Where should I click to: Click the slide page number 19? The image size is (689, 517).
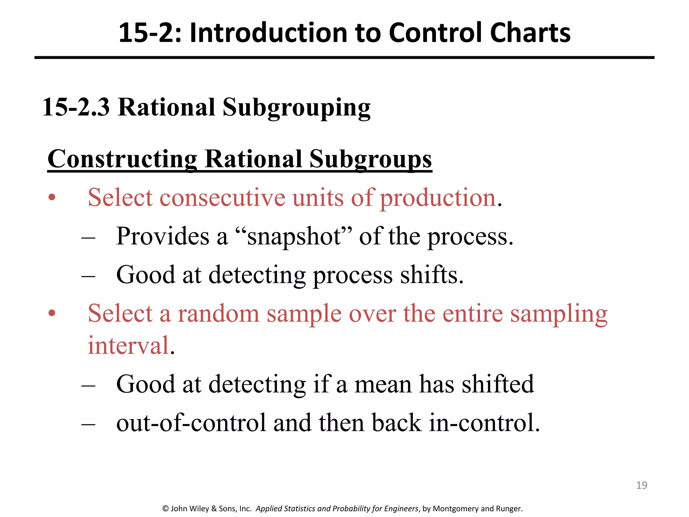click(642, 485)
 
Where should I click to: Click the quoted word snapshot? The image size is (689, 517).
click(294, 236)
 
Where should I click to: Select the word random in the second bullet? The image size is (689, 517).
click(219, 313)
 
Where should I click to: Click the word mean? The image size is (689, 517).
click(383, 384)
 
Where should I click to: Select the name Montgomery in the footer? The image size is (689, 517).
click(456, 509)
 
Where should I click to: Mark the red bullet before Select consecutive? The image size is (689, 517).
click(51, 198)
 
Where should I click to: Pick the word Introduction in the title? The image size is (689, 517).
click(268, 33)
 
